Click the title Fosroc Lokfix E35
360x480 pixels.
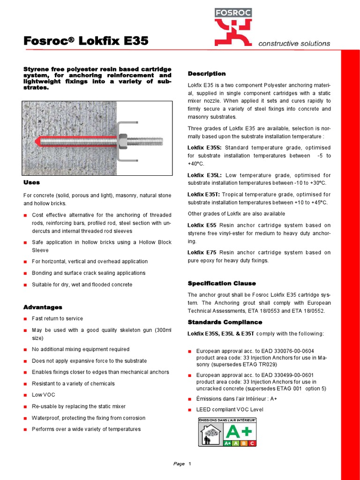tap(86, 41)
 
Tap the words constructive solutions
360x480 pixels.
tap(294, 44)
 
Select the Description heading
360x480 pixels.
tap(207, 74)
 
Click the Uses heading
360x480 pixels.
tap(31, 182)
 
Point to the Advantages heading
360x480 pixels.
tap(43, 307)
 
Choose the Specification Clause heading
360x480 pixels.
tap(222, 283)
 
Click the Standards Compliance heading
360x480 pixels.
tap(225, 322)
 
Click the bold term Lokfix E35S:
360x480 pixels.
tap(205, 148)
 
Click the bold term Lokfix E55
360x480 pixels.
tap(202, 225)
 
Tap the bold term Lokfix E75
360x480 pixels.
tap(202, 252)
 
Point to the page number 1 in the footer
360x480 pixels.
tap(190, 464)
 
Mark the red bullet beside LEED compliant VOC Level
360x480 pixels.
tap(190, 410)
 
